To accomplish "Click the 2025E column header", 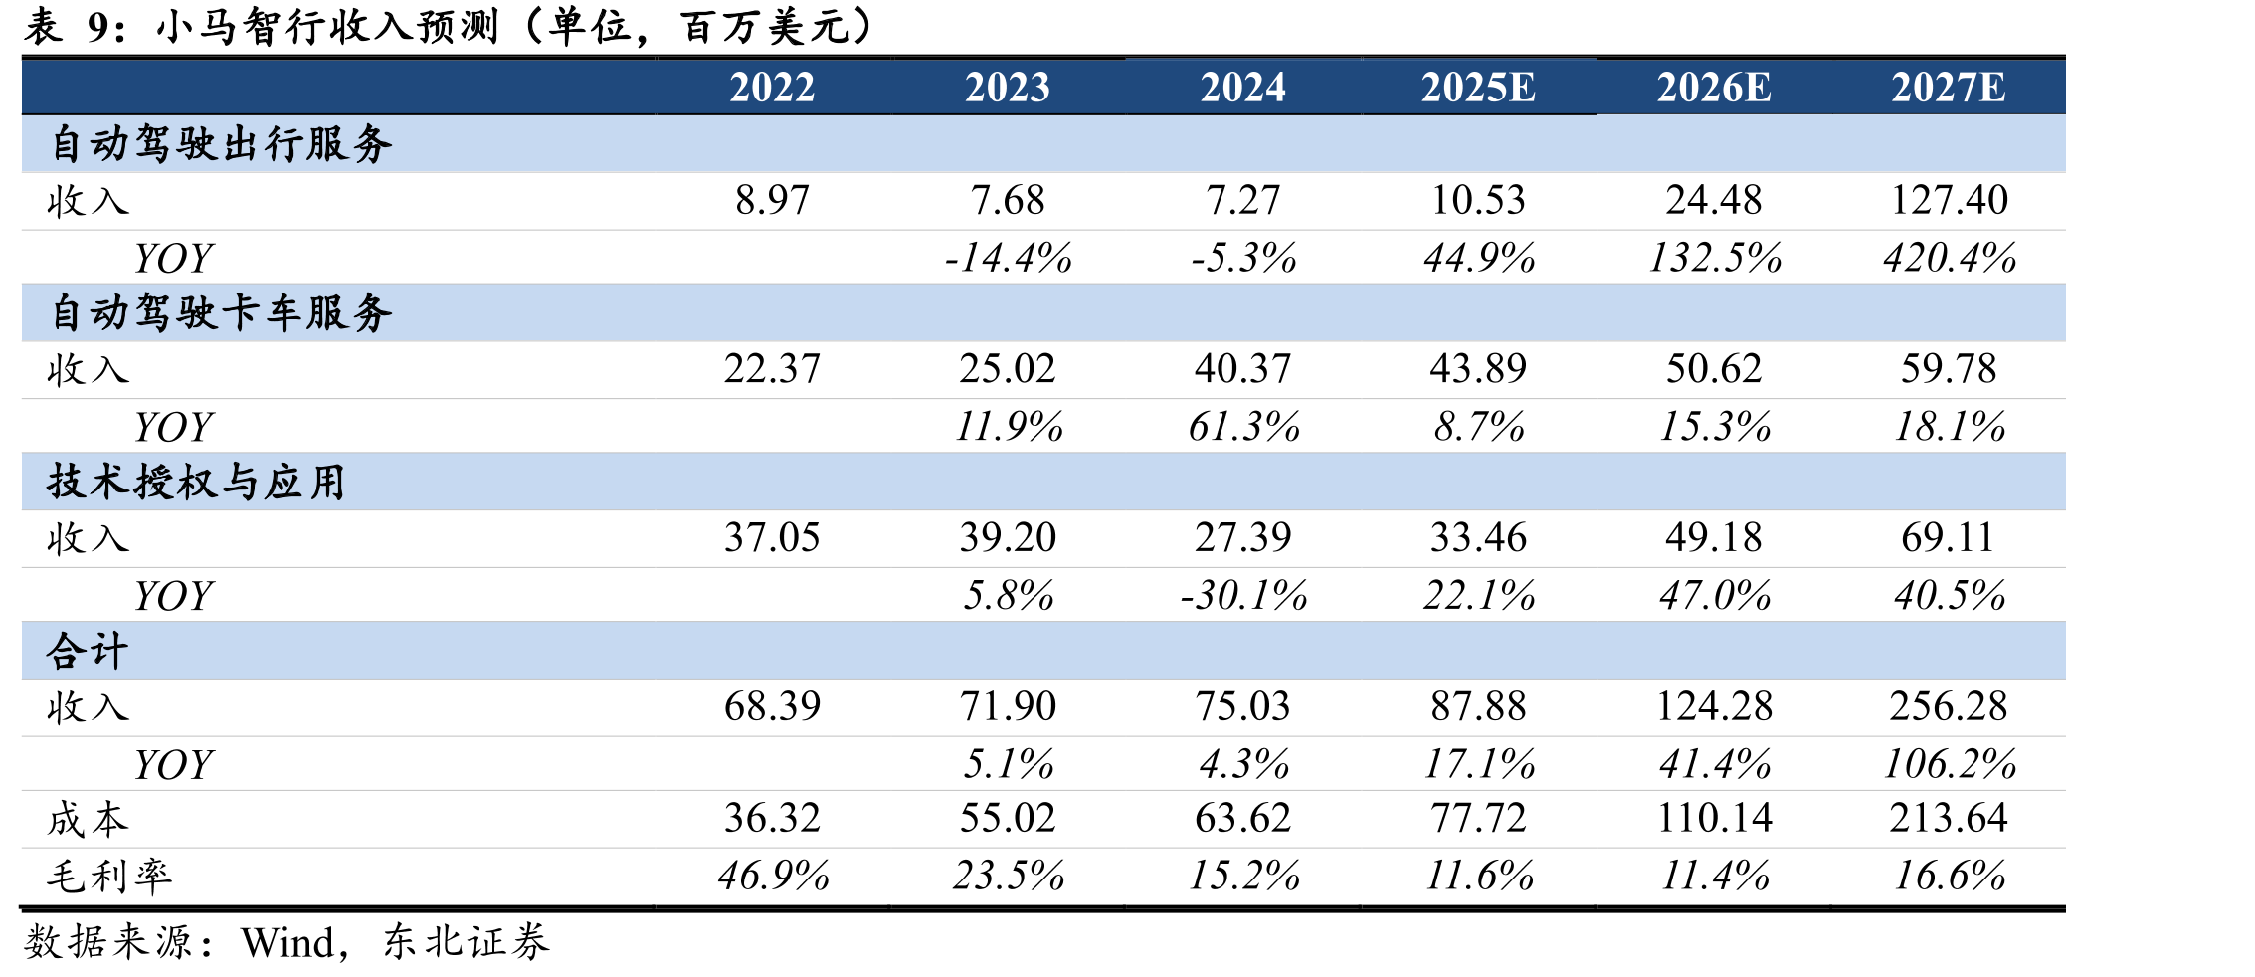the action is [x=1478, y=88].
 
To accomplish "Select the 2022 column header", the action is [x=772, y=88].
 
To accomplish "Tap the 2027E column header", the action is [x=1949, y=88].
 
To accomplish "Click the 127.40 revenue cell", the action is [x=1949, y=200].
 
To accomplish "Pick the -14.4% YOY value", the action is [x=1008, y=258].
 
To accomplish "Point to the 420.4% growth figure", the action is [x=1950, y=258].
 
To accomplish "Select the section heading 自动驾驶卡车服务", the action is [x=221, y=312].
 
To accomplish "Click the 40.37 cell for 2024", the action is [x=1242, y=369].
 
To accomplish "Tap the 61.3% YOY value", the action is [x=1243, y=427].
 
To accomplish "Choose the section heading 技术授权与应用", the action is [x=196, y=482].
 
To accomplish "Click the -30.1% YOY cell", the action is [x=1243, y=596].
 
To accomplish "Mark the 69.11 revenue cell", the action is [x=1948, y=538].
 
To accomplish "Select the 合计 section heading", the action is [x=88, y=651].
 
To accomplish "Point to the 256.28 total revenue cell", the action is [x=1949, y=707].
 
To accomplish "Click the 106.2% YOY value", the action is [x=1950, y=764].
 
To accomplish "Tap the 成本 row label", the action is [x=88, y=820].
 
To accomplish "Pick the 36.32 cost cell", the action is [x=772, y=819].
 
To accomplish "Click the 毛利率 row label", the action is [x=109, y=877].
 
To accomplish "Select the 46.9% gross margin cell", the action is [x=773, y=876].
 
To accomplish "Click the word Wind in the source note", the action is [x=287, y=942].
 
